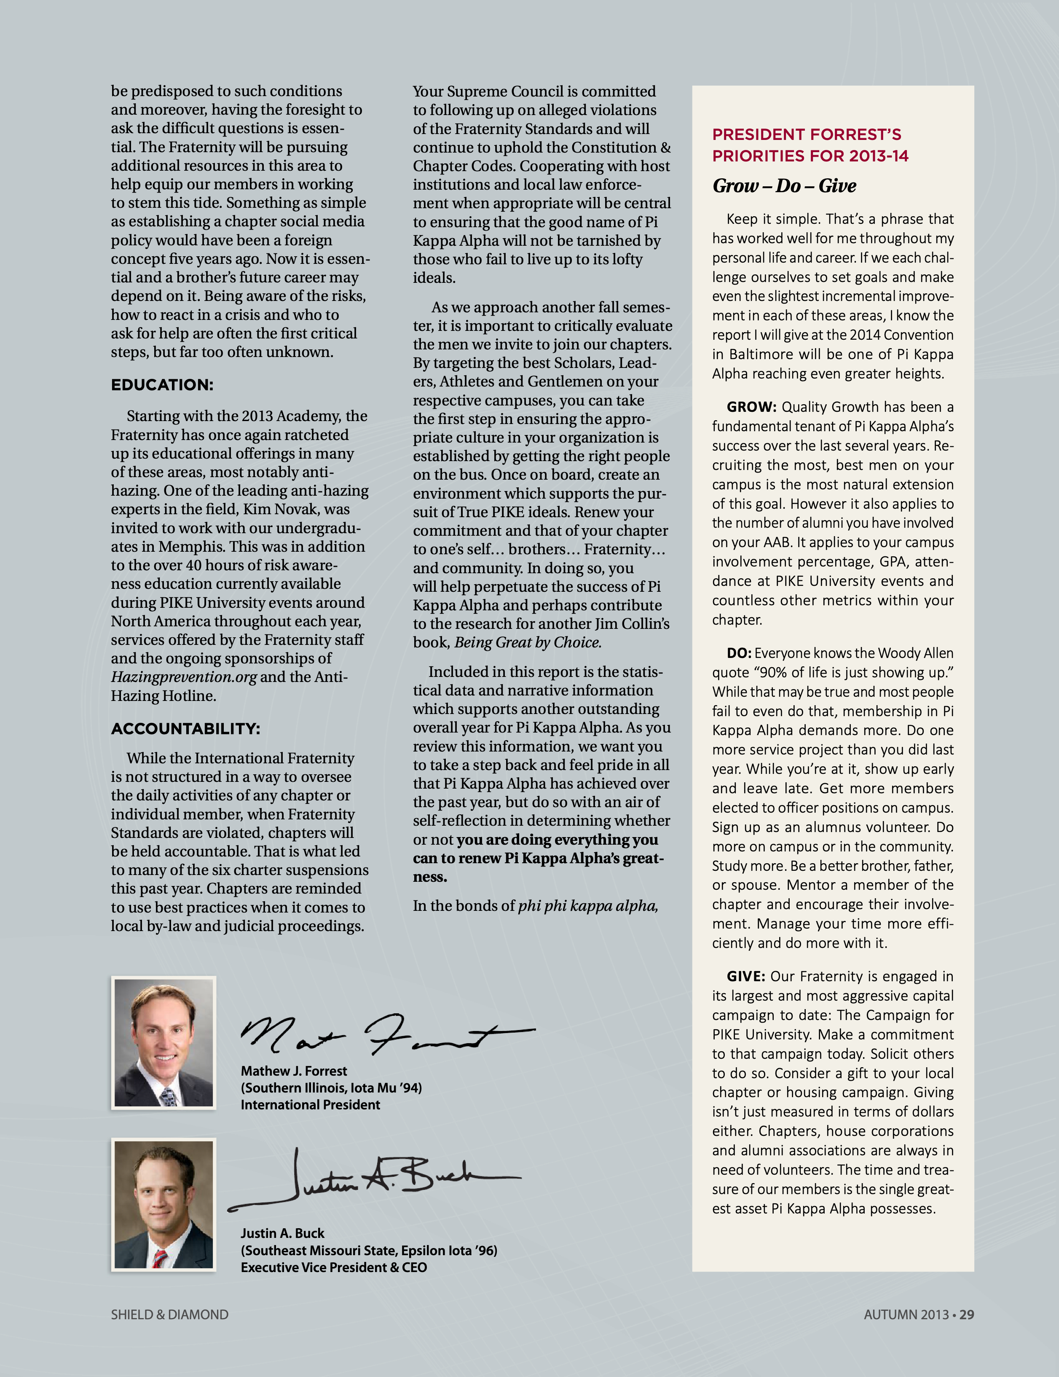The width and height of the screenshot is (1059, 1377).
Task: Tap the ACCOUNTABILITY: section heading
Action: pyautogui.click(x=185, y=729)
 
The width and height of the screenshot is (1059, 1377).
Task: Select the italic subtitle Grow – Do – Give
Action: pyautogui.click(x=784, y=186)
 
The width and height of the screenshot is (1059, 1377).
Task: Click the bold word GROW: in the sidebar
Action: pyautogui.click(x=751, y=407)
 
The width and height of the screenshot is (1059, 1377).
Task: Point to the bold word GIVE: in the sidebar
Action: pyautogui.click(x=746, y=977)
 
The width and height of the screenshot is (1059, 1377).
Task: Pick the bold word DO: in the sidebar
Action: pyautogui.click(x=739, y=653)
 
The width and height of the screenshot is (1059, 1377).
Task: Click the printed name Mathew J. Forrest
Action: pyautogui.click(x=294, y=1071)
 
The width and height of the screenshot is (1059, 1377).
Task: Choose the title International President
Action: pyautogui.click(x=310, y=1105)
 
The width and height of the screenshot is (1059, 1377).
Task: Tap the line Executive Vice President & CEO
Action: pyautogui.click(x=333, y=1267)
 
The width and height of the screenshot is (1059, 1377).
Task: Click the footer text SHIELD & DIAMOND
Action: pyautogui.click(x=169, y=1315)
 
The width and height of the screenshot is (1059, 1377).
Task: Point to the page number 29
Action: pyautogui.click(x=966, y=1315)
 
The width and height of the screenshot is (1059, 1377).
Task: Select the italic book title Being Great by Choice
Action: pyautogui.click(x=528, y=642)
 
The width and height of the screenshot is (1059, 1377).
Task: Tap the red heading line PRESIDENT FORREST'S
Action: pyautogui.click(x=806, y=134)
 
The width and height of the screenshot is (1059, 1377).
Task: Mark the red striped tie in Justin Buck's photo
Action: pyautogui.click(x=159, y=1255)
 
